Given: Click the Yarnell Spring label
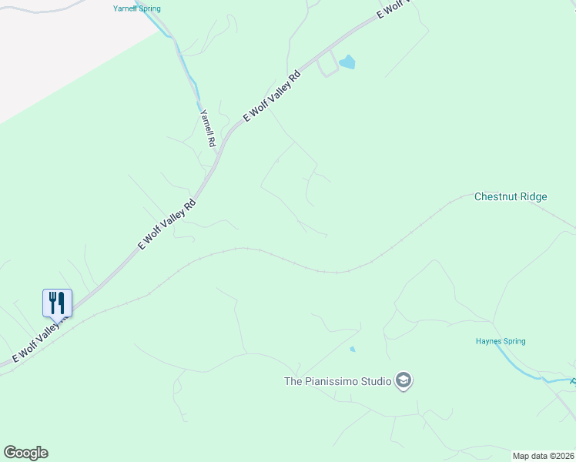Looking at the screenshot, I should coord(136,8).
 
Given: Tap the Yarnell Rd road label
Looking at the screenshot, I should coord(207,128).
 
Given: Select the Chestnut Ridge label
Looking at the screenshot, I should coord(511,196).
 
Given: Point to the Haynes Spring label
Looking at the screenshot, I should coord(501,341).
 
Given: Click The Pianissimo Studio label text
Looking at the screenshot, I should coord(337,380).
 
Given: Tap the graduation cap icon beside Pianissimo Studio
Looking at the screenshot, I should coord(403,380).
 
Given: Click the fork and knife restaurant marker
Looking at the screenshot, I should coord(57,303).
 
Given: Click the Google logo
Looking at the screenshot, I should coord(25,453).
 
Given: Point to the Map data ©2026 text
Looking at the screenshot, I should coord(543,456).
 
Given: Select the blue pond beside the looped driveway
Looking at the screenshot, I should coord(347,62).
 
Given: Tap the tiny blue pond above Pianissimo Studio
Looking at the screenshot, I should coord(353,350).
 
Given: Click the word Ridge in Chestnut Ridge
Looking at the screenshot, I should coord(531,196).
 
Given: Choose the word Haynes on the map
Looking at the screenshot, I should coord(489,341).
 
